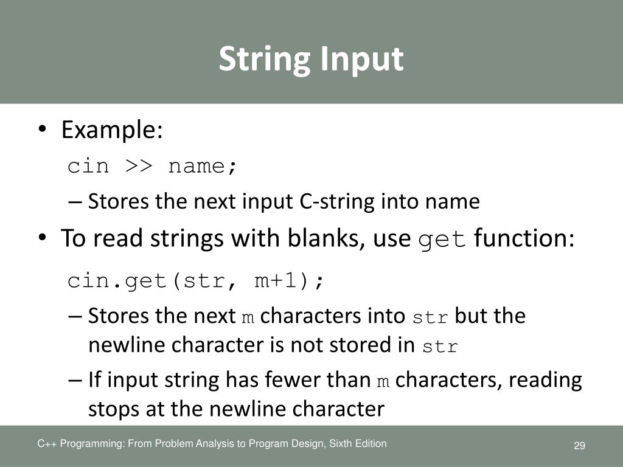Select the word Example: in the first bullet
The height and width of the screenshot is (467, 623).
pos(112,130)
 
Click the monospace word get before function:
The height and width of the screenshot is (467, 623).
pos(442,240)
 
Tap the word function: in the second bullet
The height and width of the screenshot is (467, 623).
pos(524,239)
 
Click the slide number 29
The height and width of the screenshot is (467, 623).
pos(579,447)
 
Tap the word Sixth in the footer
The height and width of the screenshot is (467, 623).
pos(341,444)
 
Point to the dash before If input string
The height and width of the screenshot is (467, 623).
pos(75,380)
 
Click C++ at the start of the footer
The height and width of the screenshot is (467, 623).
pos(46,444)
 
